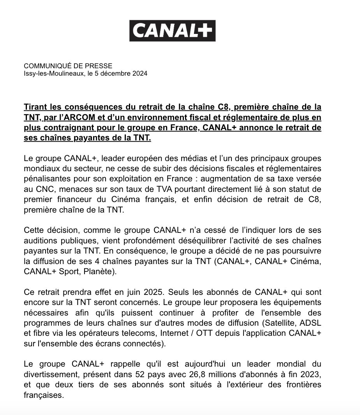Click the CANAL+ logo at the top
point(172,31)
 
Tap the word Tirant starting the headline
point(36,107)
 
